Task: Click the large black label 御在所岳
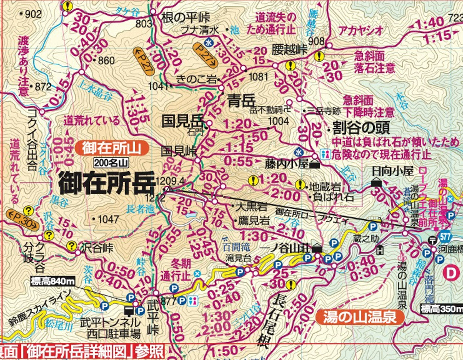[106, 183]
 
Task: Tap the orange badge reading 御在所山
[112, 148]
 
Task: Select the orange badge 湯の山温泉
[359, 317]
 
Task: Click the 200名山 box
[111, 163]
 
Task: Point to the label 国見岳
[182, 121]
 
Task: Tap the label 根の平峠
[186, 17]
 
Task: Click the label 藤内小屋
[287, 164]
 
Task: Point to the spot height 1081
[258, 76]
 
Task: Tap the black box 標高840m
[53, 281]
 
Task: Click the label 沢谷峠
[97, 248]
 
